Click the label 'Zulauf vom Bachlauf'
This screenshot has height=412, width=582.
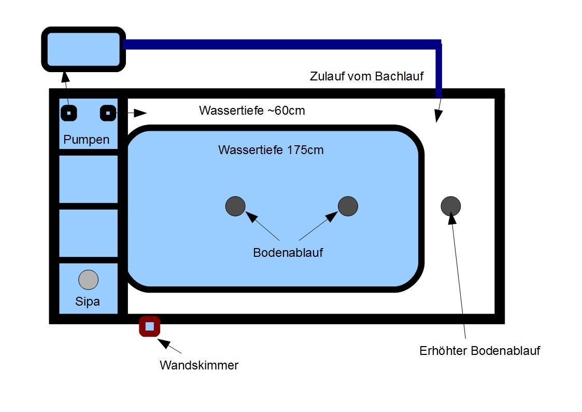(x=366, y=76)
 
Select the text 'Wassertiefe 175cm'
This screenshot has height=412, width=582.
(x=271, y=150)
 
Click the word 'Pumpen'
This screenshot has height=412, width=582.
(x=87, y=140)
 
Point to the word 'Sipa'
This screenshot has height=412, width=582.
(x=88, y=301)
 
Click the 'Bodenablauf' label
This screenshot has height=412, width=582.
(x=288, y=253)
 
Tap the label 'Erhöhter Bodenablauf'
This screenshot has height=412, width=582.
(x=479, y=351)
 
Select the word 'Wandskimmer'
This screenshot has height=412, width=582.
(x=199, y=365)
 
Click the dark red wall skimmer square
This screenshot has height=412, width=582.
(x=149, y=326)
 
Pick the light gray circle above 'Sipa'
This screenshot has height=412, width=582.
(x=88, y=280)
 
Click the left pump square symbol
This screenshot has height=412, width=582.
(x=68, y=113)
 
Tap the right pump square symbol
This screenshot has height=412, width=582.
(x=107, y=113)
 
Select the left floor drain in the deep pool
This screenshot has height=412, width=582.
(x=235, y=207)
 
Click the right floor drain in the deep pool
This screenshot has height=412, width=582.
(x=348, y=207)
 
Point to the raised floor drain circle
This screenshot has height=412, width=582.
(x=450, y=207)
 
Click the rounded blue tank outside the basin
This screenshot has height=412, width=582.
(x=83, y=49)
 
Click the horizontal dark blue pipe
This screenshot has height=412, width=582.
(x=280, y=44)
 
